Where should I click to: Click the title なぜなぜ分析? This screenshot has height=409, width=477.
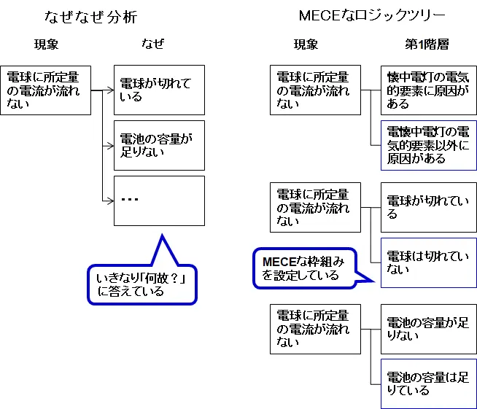pos(90,16)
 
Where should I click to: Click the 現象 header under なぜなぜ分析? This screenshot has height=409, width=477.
pos(46,44)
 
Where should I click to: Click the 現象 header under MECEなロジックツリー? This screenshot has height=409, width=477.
pos(306,44)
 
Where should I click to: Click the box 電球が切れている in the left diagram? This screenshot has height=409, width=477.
pos(159,90)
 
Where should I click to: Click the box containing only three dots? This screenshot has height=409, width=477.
pos(159,200)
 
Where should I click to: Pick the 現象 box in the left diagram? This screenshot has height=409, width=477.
pos(46,90)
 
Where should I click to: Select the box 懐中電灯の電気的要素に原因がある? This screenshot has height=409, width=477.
pos(428,90)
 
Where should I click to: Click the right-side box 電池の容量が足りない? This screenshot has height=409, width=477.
pos(428,329)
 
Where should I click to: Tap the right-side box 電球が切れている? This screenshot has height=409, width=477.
pos(428,207)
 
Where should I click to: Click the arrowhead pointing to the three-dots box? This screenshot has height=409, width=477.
pos(110,200)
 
